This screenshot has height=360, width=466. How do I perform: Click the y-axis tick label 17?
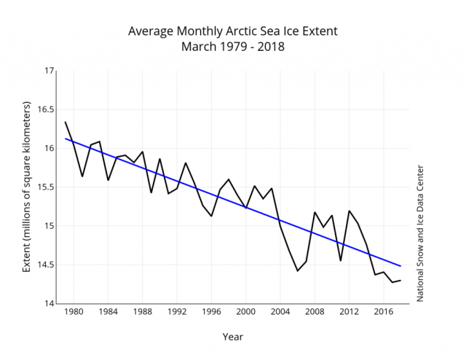pos(50,71)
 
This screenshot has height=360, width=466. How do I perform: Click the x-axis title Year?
pos(233,337)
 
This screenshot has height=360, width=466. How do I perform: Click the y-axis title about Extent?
pos(27,187)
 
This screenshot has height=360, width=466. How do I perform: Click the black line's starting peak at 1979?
pos(65,122)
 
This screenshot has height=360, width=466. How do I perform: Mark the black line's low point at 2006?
pos(297,271)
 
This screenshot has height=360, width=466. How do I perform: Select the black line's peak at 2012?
pos(349,211)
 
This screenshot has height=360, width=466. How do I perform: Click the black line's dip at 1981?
pos(82,176)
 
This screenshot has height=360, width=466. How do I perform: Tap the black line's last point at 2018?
pos(400,281)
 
